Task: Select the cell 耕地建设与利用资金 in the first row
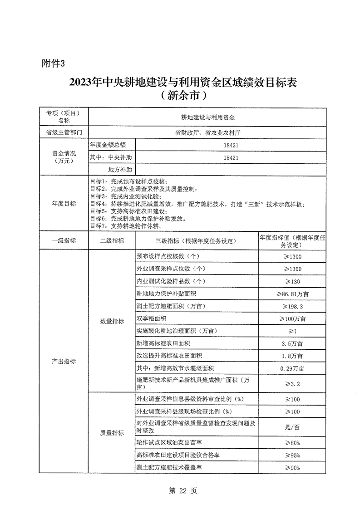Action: point(208,117)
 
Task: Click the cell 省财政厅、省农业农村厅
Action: point(208,133)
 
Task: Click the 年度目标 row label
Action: point(64,204)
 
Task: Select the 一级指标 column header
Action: point(64,240)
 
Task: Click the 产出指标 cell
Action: point(64,362)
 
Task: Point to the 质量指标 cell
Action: point(112,433)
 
